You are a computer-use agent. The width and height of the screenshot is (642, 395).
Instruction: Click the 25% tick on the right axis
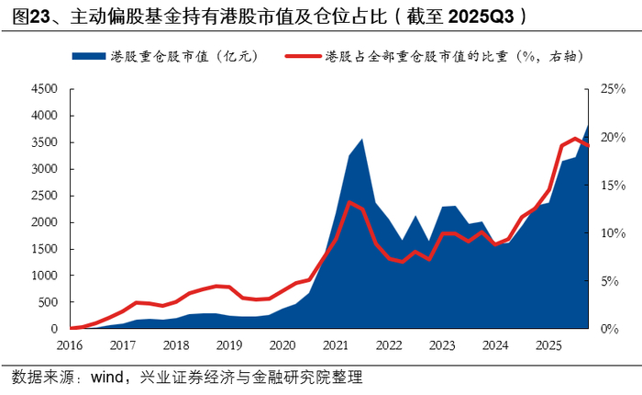[x=613, y=90]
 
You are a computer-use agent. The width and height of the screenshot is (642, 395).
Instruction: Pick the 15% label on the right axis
[x=613, y=186]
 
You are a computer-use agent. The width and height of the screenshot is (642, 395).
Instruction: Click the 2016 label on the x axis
[x=70, y=345]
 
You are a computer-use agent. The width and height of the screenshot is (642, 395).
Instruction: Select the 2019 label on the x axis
[x=229, y=345]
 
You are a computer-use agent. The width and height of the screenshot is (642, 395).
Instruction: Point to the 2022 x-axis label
[x=388, y=345]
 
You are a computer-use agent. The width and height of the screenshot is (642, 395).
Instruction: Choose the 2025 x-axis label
[x=548, y=345]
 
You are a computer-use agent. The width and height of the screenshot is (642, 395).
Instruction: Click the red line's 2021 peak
[x=349, y=201]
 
